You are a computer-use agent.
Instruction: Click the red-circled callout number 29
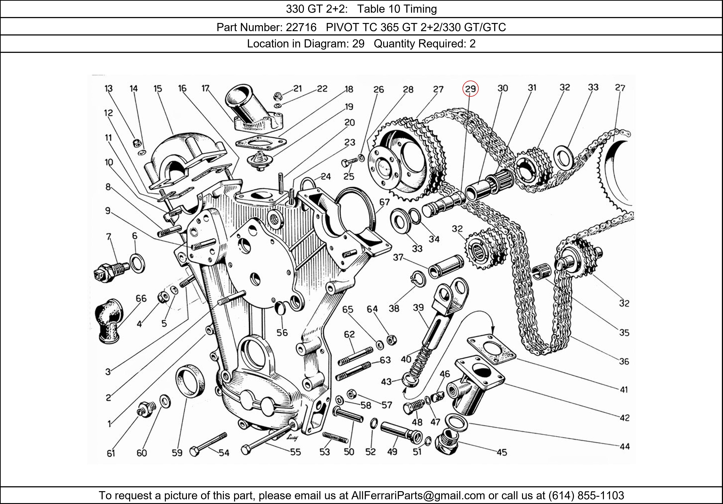pos(470,89)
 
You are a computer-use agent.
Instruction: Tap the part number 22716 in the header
pos(301,28)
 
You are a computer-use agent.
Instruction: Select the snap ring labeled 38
pos(419,279)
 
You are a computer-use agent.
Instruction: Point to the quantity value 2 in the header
pos(472,43)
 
